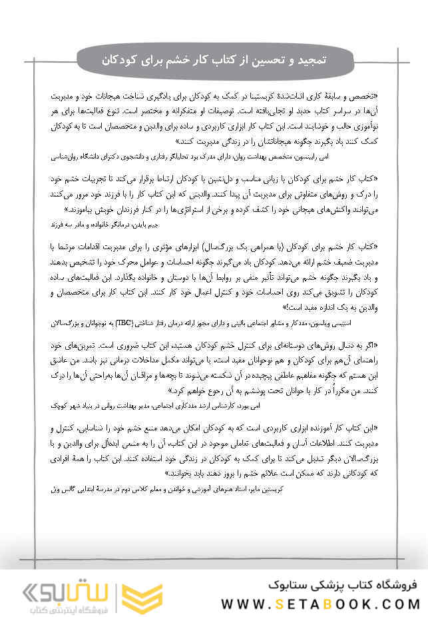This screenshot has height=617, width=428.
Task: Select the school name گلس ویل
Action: coord(65,488)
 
